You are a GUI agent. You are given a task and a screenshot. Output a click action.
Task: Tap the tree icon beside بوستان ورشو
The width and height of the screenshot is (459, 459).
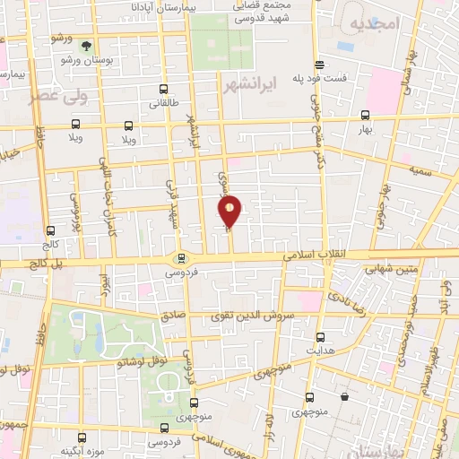point(87,44)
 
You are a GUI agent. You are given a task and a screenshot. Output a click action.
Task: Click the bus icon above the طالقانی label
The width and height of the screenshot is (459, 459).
point(163,89)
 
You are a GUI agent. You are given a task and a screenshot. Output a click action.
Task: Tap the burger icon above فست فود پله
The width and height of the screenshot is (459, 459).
point(320,63)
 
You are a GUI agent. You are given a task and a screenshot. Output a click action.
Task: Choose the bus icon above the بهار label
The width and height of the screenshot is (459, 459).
point(364,115)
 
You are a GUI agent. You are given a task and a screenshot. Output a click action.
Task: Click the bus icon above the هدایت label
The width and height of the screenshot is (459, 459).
point(322,337)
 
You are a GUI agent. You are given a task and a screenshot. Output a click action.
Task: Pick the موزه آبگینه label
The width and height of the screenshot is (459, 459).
point(81,450)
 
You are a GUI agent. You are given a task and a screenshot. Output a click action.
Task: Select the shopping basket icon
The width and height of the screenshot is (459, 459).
point(344,396)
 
